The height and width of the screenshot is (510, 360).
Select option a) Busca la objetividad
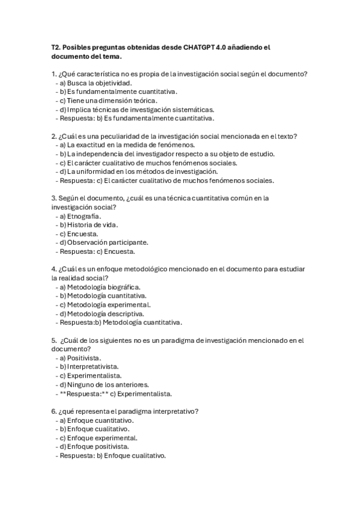click(93, 83)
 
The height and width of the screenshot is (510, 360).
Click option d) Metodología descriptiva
click(102, 313)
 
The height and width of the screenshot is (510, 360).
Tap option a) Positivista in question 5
click(79, 358)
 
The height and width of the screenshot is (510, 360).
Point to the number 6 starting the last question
click(53, 411)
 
